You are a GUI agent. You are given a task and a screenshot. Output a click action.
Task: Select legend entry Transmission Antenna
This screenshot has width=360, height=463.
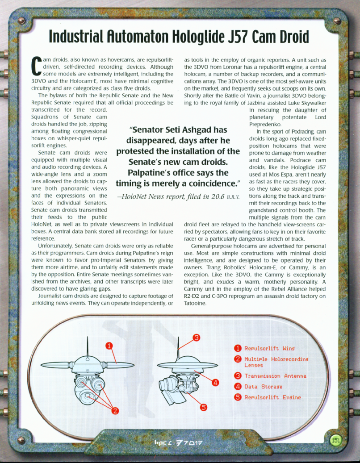275,376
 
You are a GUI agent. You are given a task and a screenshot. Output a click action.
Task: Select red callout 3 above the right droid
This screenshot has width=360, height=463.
196,338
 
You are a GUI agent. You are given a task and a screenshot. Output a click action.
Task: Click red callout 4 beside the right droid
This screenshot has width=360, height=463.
215,382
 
